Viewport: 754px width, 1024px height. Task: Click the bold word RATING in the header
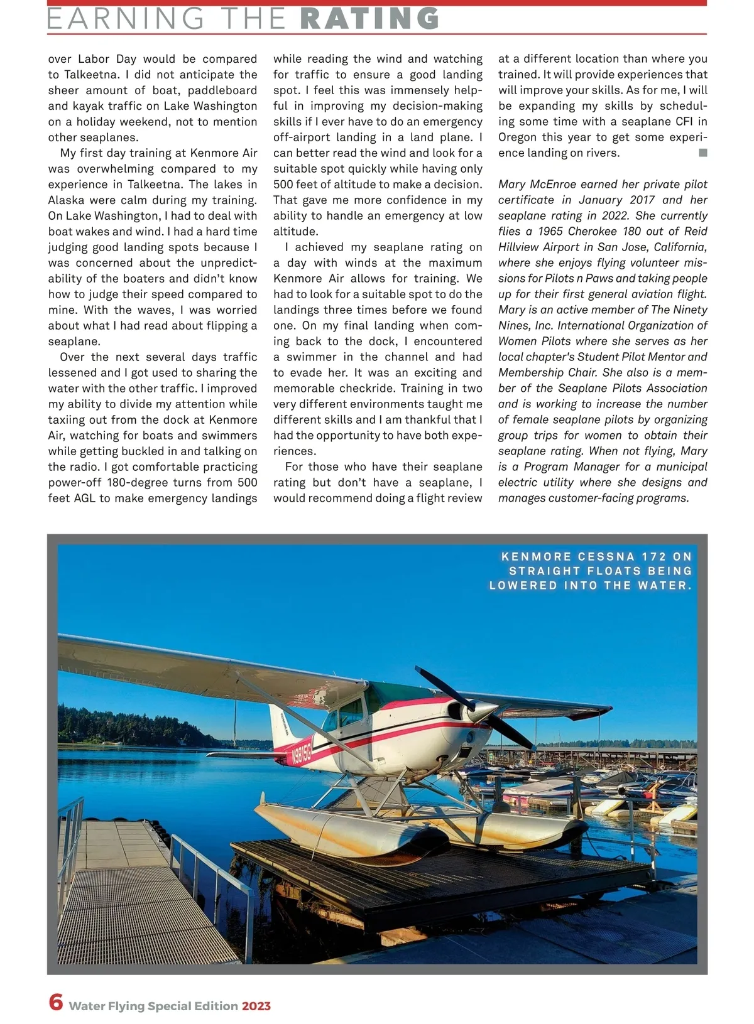370,18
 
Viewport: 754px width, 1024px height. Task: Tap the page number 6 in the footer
56,1001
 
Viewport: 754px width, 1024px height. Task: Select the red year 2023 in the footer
256,1006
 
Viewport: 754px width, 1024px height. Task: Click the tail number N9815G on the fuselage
302,753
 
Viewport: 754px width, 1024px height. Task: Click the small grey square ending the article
702,153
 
